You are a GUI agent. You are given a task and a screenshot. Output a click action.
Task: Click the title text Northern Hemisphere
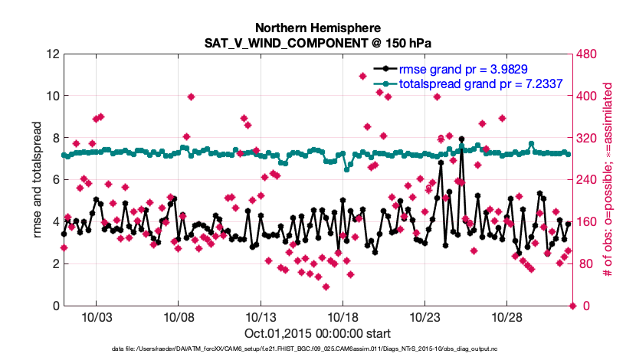(x=317, y=26)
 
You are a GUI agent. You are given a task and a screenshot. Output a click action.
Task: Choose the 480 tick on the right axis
(x=588, y=54)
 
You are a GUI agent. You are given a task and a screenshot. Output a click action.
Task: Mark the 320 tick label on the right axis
(x=588, y=139)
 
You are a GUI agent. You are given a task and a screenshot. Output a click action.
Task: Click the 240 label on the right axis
(x=588, y=180)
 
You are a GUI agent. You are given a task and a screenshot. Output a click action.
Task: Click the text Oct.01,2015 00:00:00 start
(x=317, y=333)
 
